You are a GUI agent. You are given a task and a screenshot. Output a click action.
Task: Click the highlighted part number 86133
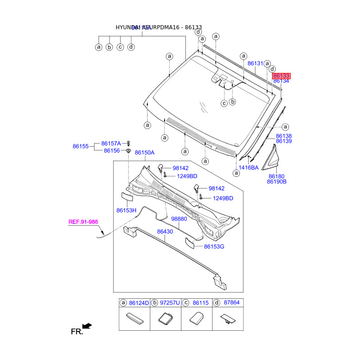281,76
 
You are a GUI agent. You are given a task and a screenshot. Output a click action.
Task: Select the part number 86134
281,81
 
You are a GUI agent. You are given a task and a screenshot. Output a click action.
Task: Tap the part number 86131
255,64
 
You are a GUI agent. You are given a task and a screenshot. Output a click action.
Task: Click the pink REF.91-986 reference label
83,221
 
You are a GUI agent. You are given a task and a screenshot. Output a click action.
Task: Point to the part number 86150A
144,153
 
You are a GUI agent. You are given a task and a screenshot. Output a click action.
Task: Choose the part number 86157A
111,143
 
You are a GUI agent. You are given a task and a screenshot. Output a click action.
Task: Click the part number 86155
81,146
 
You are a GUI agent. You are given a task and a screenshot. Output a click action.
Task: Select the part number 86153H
126,210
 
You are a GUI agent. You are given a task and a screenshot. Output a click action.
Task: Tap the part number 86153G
214,246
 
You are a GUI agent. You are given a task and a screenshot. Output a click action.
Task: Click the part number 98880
180,218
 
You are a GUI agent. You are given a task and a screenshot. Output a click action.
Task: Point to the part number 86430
165,231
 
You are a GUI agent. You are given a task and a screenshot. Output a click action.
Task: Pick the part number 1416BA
248,167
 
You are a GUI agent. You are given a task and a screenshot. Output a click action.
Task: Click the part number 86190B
277,182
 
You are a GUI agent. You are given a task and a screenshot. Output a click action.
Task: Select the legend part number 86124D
139,303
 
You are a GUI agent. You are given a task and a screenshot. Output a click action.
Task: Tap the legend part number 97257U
170,303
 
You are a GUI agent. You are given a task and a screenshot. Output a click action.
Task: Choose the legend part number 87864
232,303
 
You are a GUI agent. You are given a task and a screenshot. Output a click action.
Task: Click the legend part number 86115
200,303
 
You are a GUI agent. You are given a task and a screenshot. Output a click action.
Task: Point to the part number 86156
112,151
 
